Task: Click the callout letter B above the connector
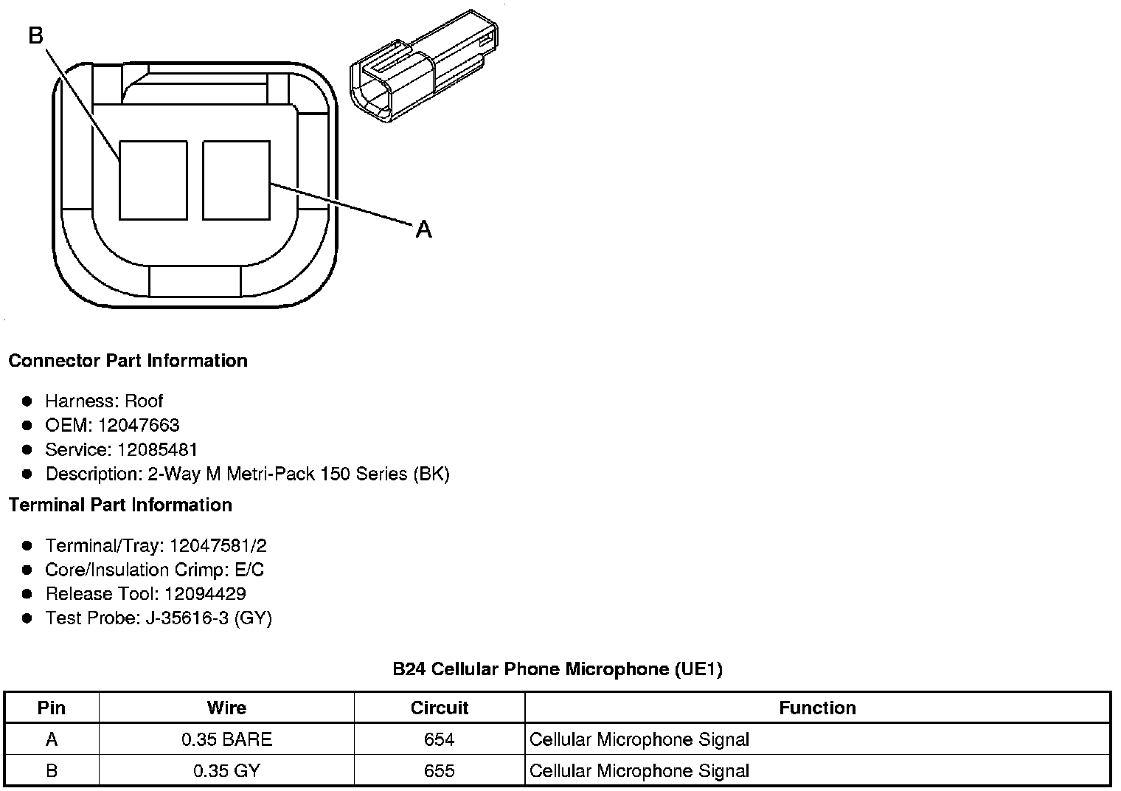pos(36,35)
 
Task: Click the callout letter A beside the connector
pos(423,229)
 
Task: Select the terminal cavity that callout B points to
pos(153,180)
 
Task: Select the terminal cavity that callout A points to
pos(236,180)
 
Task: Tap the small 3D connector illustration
pos(424,66)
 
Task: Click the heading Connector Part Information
pos(128,361)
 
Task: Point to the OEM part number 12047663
pos(139,425)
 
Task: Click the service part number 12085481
pos(157,449)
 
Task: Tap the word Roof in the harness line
pos(144,401)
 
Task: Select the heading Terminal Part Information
pos(121,505)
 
